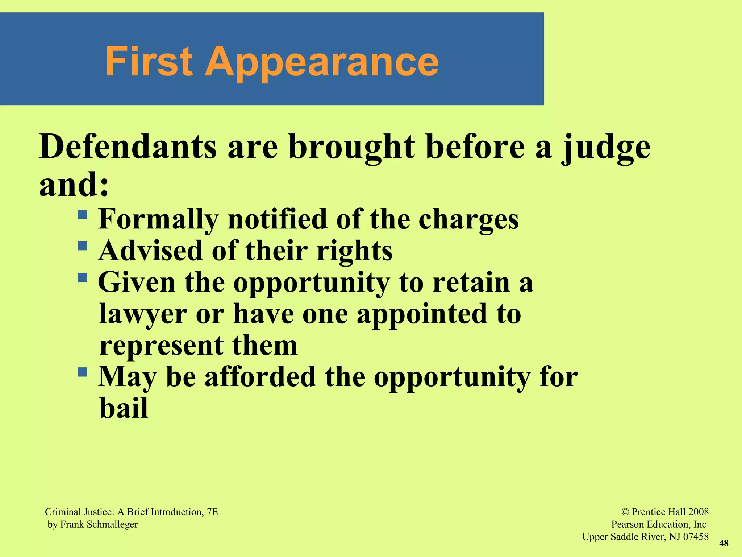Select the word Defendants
[128, 147]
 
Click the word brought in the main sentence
[352, 147]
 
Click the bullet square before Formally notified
[83, 214]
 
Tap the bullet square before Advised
[83, 246]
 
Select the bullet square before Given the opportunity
[83, 278]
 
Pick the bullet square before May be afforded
[83, 372]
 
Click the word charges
[468, 220]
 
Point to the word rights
[354, 251]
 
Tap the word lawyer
[143, 314]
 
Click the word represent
[161, 346]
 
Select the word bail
[124, 408]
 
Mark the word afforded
[260, 377]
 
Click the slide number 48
[724, 543]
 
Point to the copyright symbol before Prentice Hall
[625, 512]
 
